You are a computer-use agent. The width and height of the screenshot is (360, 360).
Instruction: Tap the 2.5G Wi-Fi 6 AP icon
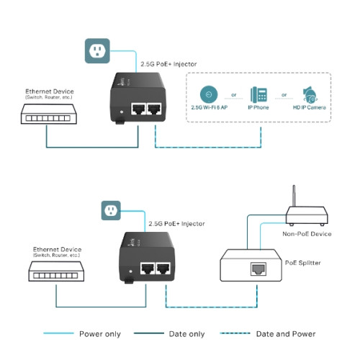[x=208, y=94]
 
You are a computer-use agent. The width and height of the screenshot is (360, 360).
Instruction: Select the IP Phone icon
[x=259, y=94]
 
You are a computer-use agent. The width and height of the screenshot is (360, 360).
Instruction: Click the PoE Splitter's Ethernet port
[x=256, y=270]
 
